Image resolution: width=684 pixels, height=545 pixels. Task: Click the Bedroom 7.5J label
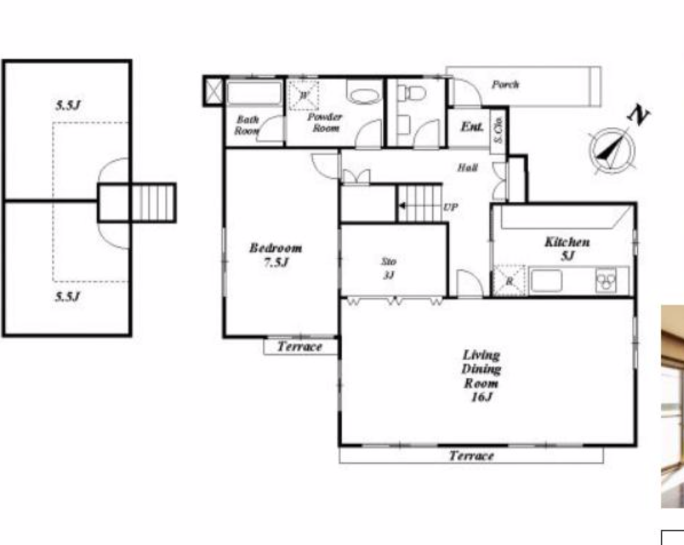pyautogui.click(x=275, y=255)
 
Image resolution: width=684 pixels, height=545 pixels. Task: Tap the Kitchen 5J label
pyautogui.click(x=567, y=248)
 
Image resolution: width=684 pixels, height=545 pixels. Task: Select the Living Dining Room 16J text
pyautogui.click(x=481, y=376)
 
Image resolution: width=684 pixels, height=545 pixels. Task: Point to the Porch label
pyautogui.click(x=505, y=84)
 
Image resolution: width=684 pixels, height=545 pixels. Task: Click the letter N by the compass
pyautogui.click(x=638, y=115)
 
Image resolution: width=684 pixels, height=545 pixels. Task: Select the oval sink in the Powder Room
pyautogui.click(x=364, y=96)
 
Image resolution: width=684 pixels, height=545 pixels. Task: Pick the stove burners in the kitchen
pyautogui.click(x=606, y=280)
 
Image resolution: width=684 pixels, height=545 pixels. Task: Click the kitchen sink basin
pyautogui.click(x=546, y=281)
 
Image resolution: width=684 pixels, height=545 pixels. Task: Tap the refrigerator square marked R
pyautogui.click(x=509, y=280)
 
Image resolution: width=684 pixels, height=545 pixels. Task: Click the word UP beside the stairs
pyautogui.click(x=451, y=208)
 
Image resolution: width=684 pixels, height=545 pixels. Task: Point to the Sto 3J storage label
pyautogui.click(x=389, y=268)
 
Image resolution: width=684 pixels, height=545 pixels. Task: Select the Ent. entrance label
pyautogui.click(x=472, y=127)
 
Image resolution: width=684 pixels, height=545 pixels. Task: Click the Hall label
pyautogui.click(x=467, y=168)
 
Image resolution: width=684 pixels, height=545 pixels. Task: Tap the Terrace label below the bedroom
pyautogui.click(x=299, y=347)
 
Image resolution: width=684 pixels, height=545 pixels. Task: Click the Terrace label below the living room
pyautogui.click(x=471, y=456)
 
